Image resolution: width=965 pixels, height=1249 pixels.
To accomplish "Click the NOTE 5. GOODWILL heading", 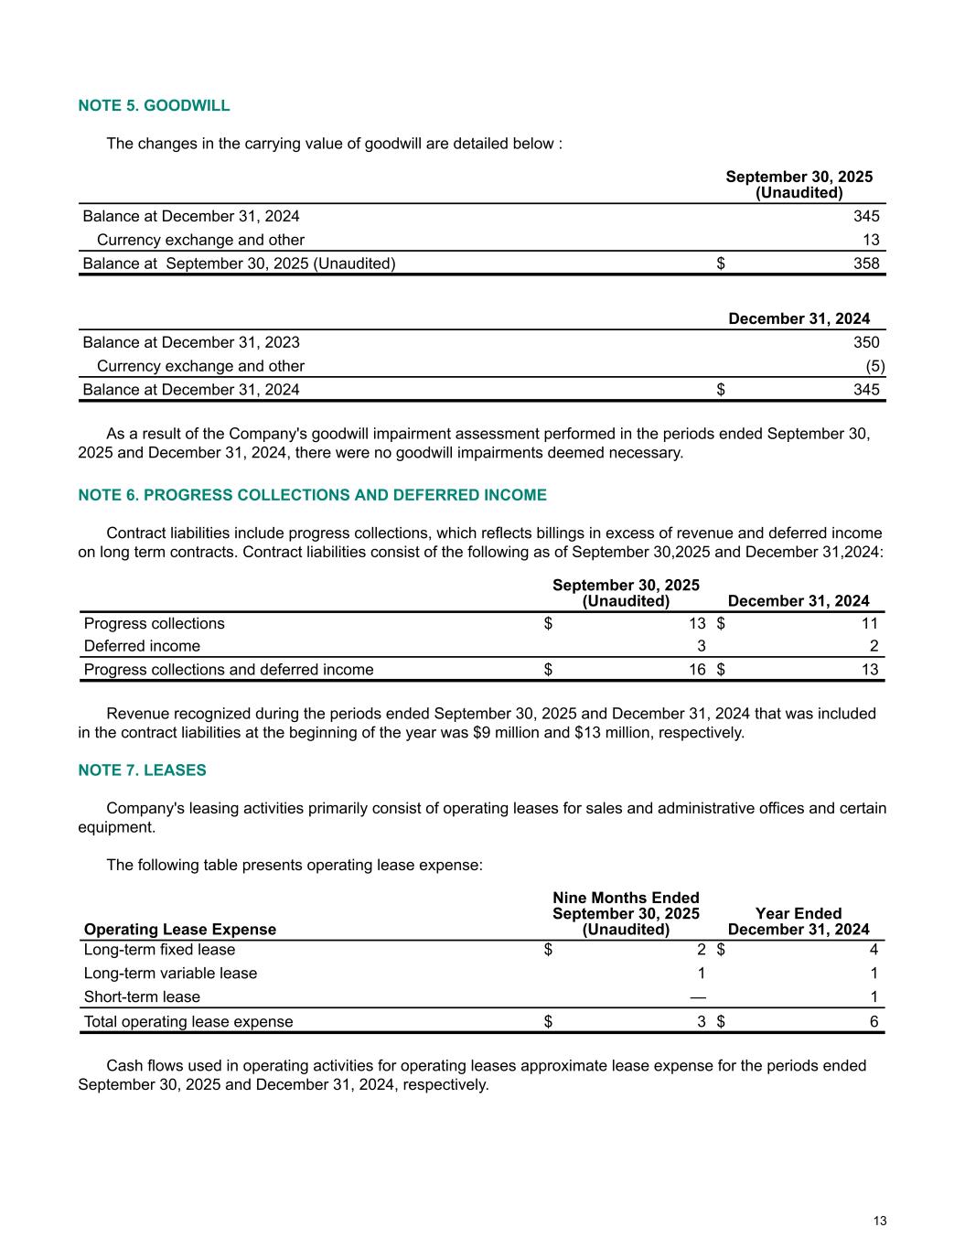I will coord(154,105).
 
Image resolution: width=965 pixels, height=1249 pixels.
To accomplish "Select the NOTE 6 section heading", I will coord(312,495).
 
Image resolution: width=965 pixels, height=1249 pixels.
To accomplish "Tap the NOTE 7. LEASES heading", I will coord(142,770).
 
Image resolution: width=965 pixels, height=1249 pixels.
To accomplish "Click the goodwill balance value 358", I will coord(866,264).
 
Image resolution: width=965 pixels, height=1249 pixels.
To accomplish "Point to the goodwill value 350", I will coord(866,342).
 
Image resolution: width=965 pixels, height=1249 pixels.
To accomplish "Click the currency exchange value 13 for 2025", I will coord(871,240).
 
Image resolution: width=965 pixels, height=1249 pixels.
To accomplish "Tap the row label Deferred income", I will coord(142,646).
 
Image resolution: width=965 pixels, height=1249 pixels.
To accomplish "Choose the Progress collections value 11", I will coord(870,623).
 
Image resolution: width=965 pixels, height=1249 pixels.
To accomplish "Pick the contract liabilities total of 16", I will coord(697,670).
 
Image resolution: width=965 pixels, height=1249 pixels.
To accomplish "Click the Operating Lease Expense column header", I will coord(179,930).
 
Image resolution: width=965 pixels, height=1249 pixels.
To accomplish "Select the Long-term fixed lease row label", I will coord(159,950).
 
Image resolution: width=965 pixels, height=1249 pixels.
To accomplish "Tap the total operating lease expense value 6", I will coord(874,1022).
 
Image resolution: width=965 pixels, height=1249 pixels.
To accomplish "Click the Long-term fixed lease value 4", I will coord(874,950).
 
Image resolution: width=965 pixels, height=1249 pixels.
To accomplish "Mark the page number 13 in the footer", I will coord(880,1221).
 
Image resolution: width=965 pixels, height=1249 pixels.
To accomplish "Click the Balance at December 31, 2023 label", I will coord(191,342).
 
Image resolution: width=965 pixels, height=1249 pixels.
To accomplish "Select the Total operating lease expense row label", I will coord(188,1022).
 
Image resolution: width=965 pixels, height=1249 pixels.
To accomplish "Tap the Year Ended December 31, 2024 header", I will coord(799,921).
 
